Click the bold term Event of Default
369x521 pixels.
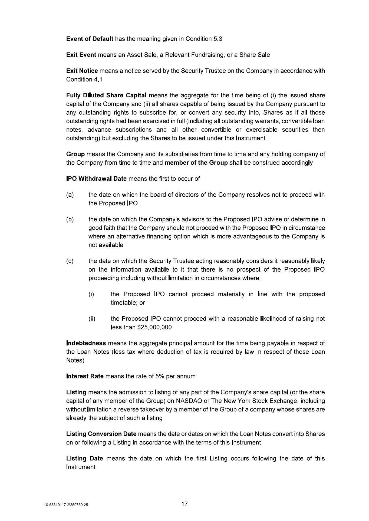tap(90, 39)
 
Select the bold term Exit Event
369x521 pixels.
tap(81, 55)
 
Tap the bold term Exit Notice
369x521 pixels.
tap(82, 71)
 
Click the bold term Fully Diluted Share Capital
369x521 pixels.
tap(106, 95)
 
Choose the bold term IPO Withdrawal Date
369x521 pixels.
tap(96, 179)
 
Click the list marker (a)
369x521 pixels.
tap(70, 195)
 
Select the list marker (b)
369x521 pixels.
tap(70, 219)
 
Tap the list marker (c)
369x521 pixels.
tap(70, 261)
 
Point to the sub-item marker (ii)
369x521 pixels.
tap(92, 319)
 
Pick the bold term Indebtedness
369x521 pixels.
tap(86, 343)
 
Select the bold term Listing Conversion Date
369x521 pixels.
tap(101, 434)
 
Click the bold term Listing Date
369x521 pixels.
tap(84, 459)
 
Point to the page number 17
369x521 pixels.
tap(184, 504)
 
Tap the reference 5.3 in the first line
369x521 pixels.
tap(218, 39)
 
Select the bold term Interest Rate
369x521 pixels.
tap(85, 376)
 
